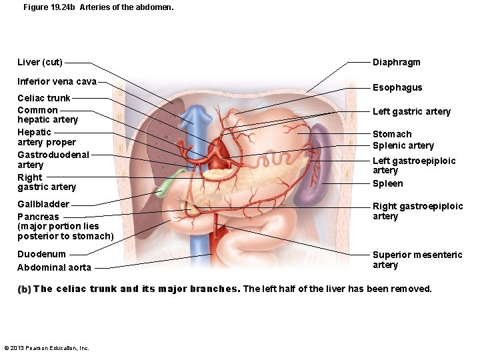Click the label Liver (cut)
click(x=40, y=63)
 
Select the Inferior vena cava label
click(x=57, y=82)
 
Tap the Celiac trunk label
click(x=44, y=98)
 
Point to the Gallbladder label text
click(x=43, y=204)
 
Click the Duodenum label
click(x=42, y=254)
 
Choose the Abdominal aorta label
click(x=54, y=267)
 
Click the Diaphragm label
click(x=396, y=63)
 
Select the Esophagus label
click(x=397, y=87)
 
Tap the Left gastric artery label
click(x=411, y=111)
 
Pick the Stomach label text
click(x=392, y=134)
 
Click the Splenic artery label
click(x=403, y=145)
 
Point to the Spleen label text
click(x=387, y=183)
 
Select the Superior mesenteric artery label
click(x=417, y=260)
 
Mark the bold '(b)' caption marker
click(x=25, y=289)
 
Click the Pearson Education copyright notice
click(x=47, y=348)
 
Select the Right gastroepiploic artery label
click(x=417, y=211)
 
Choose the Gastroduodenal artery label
click(x=53, y=159)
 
